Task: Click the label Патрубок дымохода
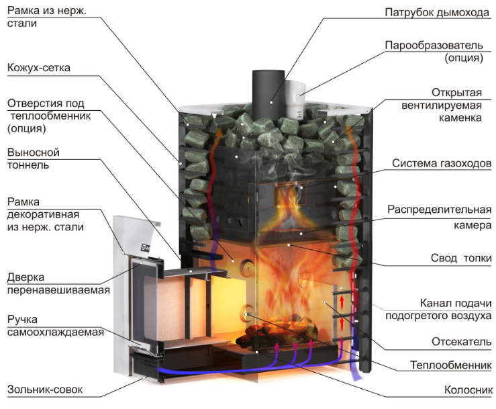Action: coord(437,12)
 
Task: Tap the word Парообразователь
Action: coord(434,45)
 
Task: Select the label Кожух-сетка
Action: coord(38,68)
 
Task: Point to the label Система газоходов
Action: coord(442,163)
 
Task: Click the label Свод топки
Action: coord(461,258)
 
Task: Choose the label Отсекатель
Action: coord(461,342)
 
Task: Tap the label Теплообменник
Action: coord(451,365)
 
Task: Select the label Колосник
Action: coord(468,390)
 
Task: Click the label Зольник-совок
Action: coord(45,390)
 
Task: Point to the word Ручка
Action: coord(22,320)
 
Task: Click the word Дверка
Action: coord(26,277)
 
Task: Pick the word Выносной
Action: coord(33,152)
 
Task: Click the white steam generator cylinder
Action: coord(295,99)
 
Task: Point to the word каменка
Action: coord(460,118)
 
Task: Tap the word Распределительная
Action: coord(440,210)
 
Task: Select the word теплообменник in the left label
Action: coord(50,116)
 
